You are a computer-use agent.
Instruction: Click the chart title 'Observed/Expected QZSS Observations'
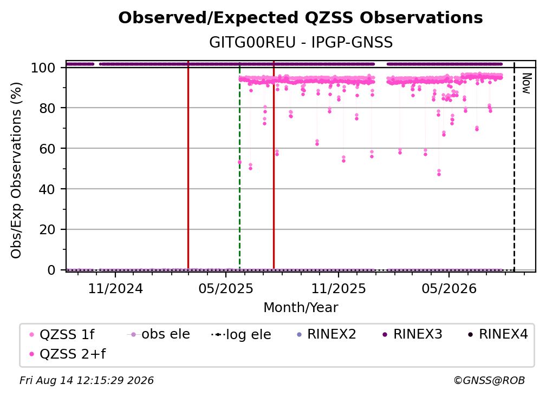point(301,18)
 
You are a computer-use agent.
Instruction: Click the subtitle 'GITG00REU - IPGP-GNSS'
point(301,42)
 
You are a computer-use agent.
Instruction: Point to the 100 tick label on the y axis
point(43,68)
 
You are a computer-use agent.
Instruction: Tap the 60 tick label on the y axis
point(47,148)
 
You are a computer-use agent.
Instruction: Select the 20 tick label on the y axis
point(47,229)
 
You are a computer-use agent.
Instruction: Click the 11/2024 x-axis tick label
point(115,288)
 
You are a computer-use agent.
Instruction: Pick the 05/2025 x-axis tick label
point(226,288)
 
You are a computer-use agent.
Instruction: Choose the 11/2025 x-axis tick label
point(339,288)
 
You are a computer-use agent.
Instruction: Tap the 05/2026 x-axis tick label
point(449,288)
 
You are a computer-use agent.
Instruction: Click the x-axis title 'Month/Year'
point(301,308)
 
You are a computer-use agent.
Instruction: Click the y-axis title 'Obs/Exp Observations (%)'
point(16,170)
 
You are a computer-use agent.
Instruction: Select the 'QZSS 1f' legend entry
point(62,334)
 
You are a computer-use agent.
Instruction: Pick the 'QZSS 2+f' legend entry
point(68,354)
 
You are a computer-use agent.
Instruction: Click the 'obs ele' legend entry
point(158,334)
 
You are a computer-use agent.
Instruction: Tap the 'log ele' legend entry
point(242,334)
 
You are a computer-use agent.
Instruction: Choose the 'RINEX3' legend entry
point(412,334)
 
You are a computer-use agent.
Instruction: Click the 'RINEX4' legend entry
point(498,334)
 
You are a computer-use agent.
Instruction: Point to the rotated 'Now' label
point(526,83)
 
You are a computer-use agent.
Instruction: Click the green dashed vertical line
point(239,166)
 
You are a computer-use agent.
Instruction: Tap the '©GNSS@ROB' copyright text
point(489,380)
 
